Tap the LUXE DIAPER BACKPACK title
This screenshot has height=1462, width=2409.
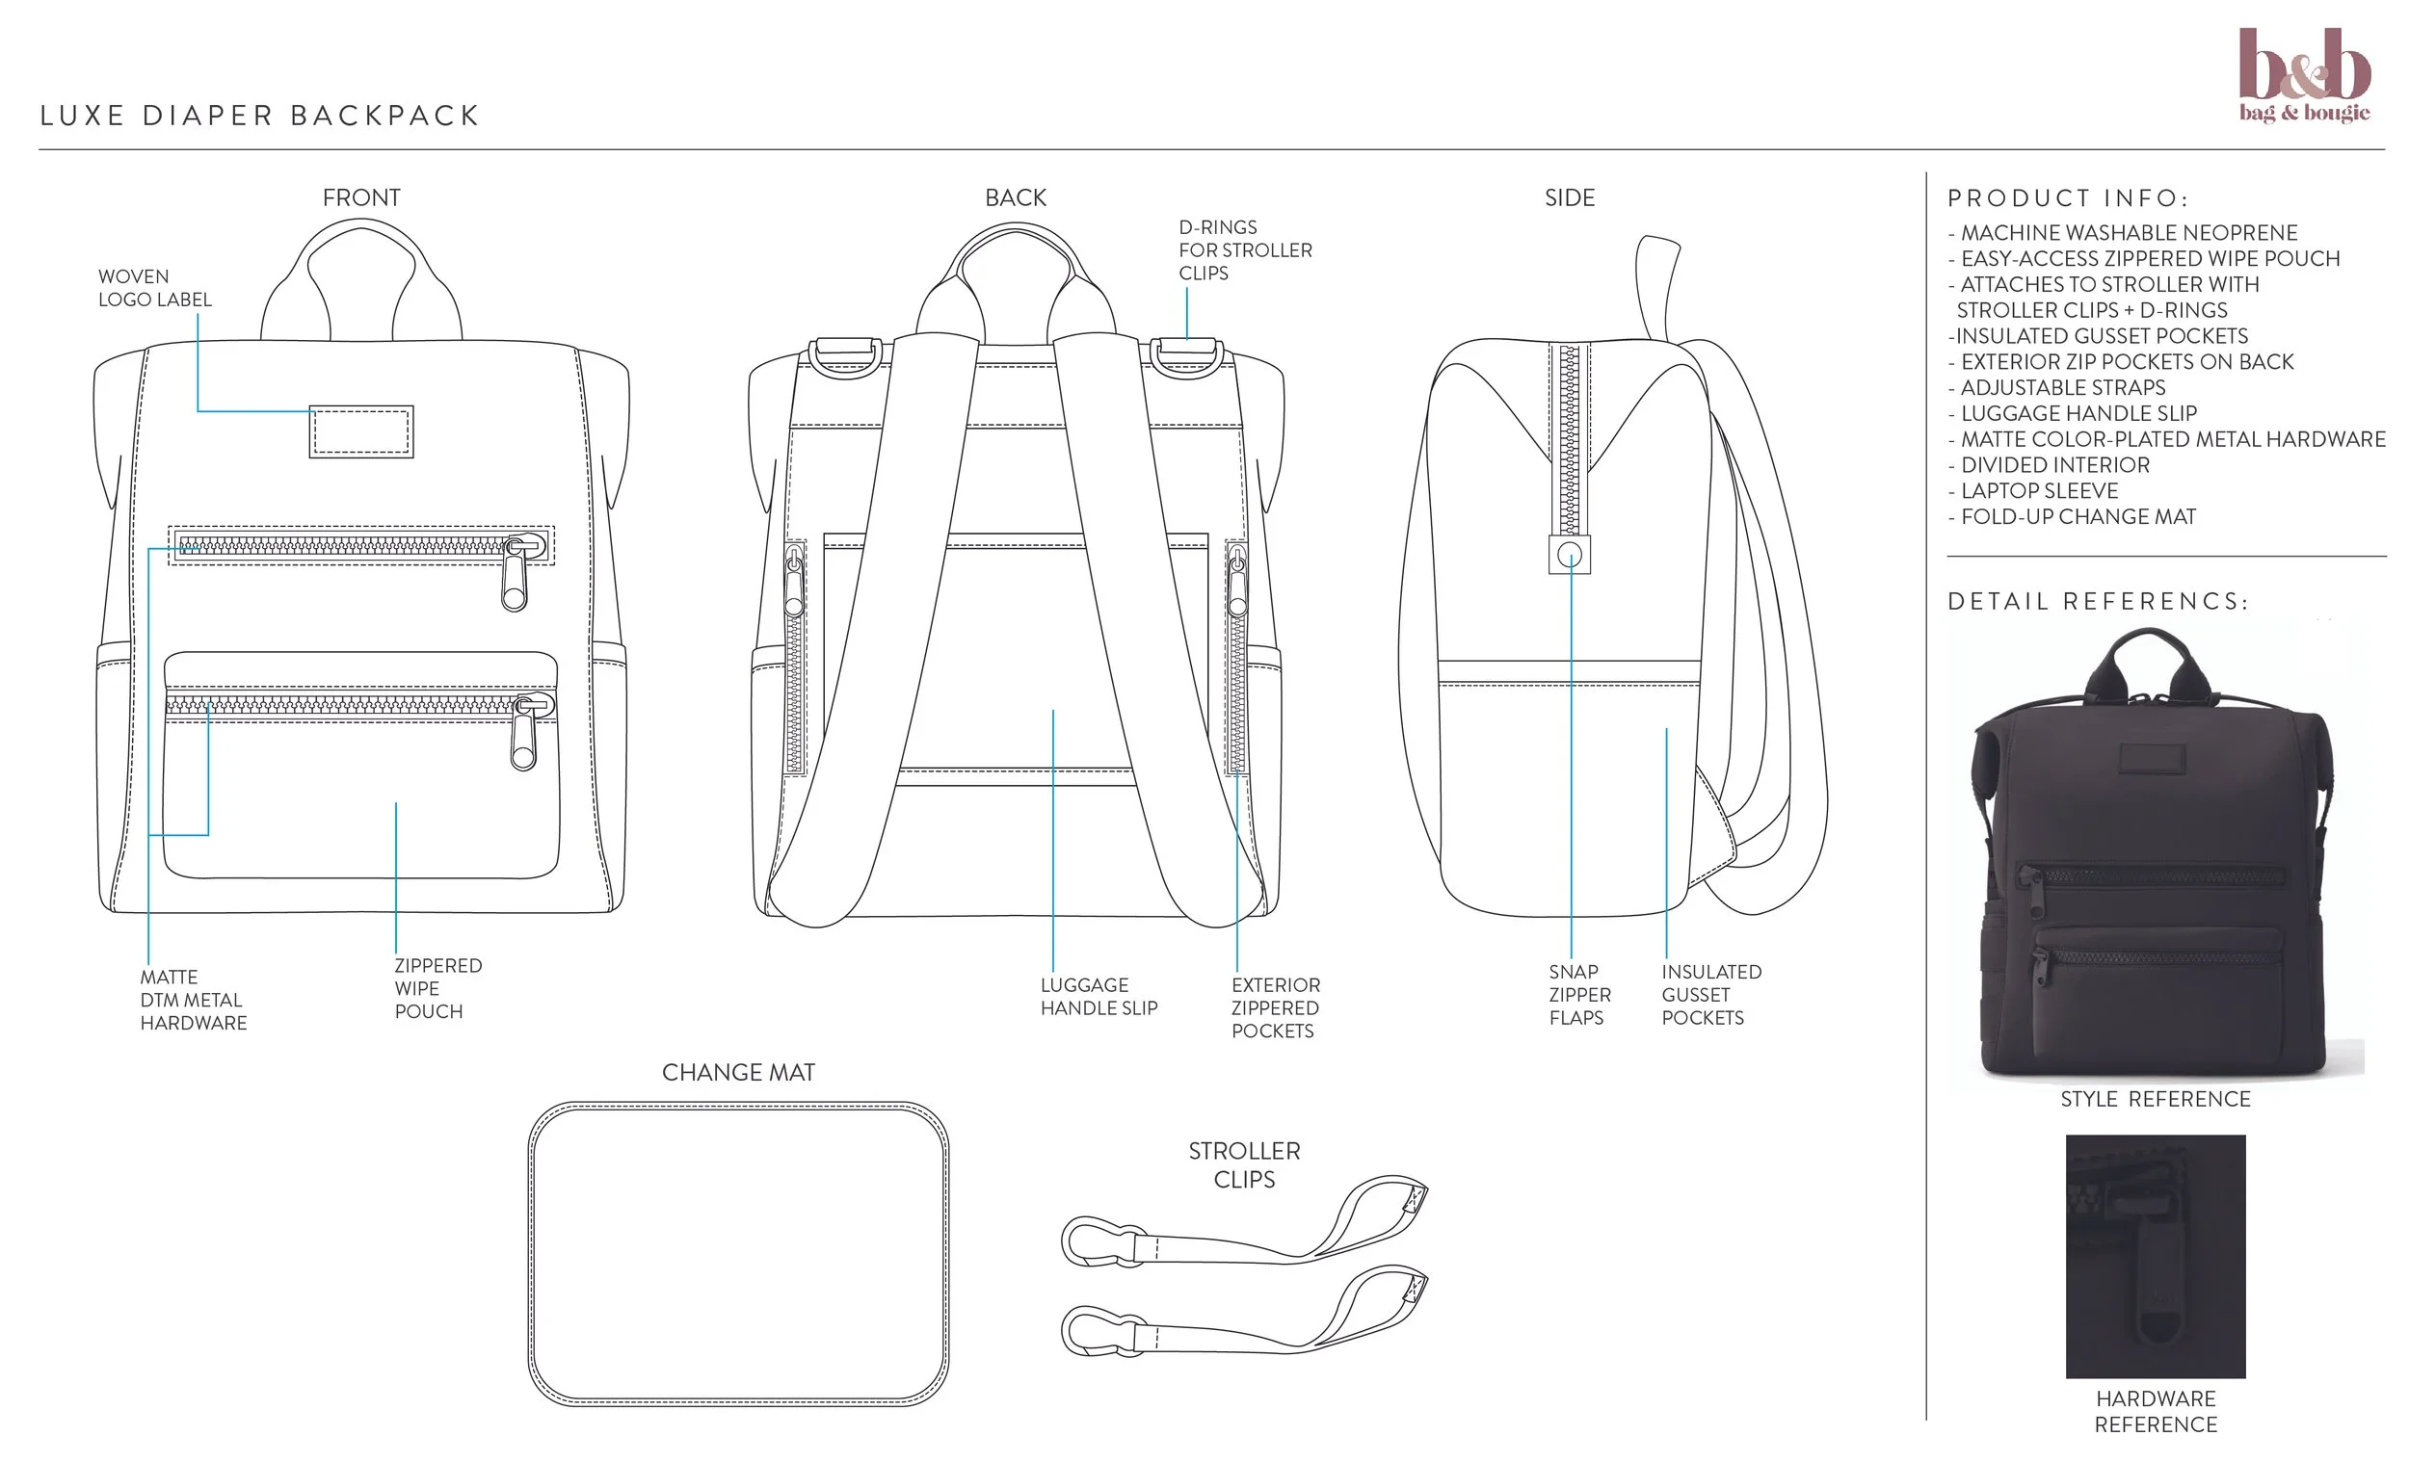pos(260,117)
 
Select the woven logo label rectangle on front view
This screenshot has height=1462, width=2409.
pos(360,431)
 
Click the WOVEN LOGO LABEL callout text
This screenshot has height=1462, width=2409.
pos(154,288)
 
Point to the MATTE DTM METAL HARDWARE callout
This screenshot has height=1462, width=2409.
pos(193,1000)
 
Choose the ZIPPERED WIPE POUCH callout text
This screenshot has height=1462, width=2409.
pos(437,988)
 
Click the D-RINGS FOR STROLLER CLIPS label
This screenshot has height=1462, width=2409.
pos(1245,250)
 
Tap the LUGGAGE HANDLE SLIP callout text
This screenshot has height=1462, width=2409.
pos(1098,997)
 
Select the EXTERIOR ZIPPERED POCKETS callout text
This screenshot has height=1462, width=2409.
pos(1275,1007)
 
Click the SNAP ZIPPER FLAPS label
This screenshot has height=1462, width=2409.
pos(1579,995)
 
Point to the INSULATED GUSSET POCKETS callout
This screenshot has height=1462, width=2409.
pos(1711,995)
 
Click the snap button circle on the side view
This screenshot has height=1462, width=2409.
pos(1569,555)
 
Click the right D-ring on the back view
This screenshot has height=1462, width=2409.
pos(1185,357)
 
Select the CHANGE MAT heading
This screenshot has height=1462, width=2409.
pos(738,1073)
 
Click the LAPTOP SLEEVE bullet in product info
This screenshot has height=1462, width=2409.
pos(2038,490)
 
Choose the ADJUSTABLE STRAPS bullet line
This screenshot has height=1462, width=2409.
pos(2062,388)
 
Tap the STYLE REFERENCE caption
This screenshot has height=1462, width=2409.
pos(2155,1100)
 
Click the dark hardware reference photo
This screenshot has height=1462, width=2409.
pos(2155,1256)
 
